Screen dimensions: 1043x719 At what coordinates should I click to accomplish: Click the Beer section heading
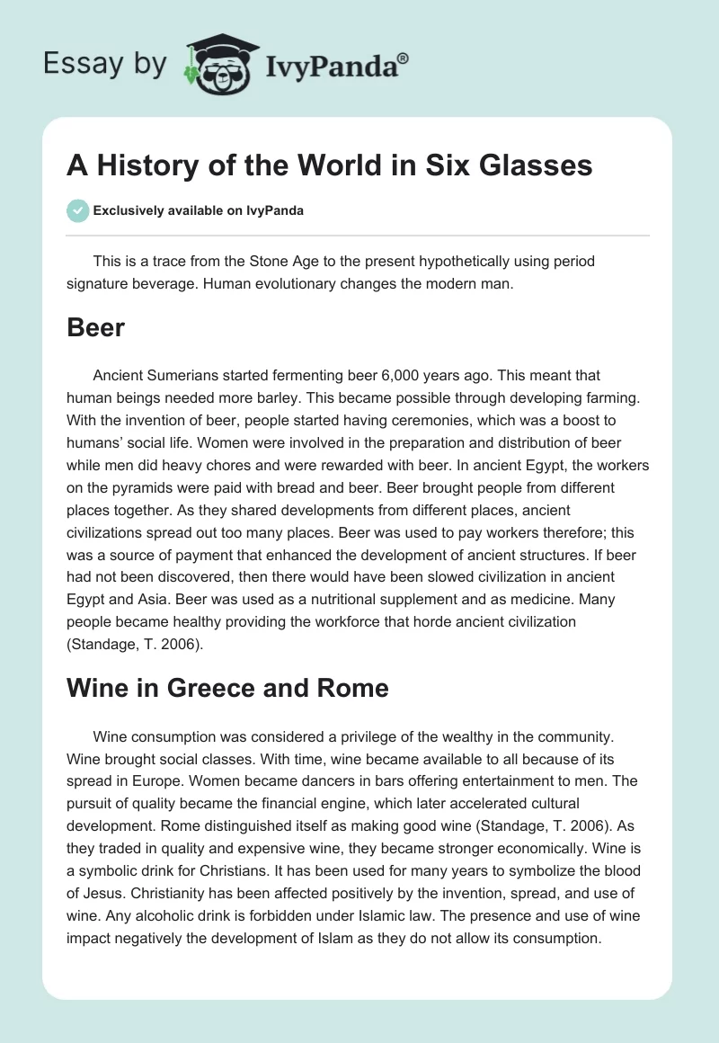pos(95,327)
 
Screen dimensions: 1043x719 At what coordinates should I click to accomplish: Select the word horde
pos(431,621)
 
